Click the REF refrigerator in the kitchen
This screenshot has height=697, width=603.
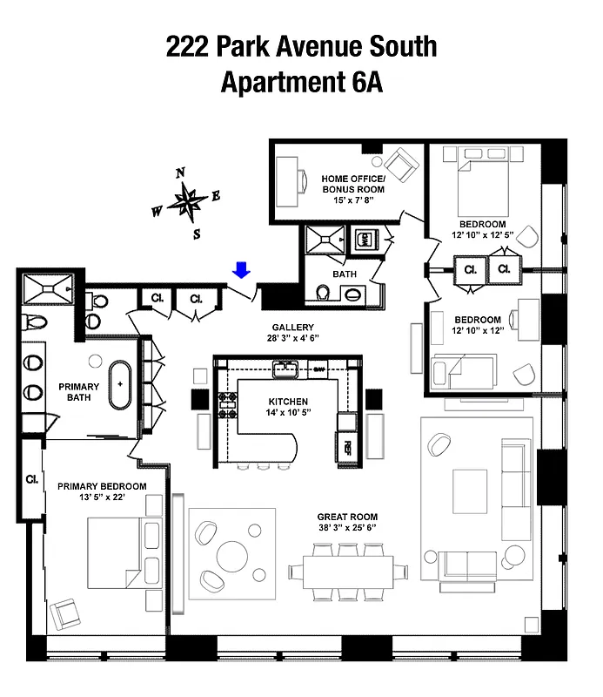tap(347, 447)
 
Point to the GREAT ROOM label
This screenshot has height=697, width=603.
tap(347, 517)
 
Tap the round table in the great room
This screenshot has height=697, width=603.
tap(233, 554)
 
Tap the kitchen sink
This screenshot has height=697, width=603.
tap(284, 369)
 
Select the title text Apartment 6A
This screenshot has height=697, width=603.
tap(301, 83)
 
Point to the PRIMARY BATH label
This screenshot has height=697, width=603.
tap(78, 392)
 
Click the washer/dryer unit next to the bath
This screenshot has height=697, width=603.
tap(365, 240)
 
